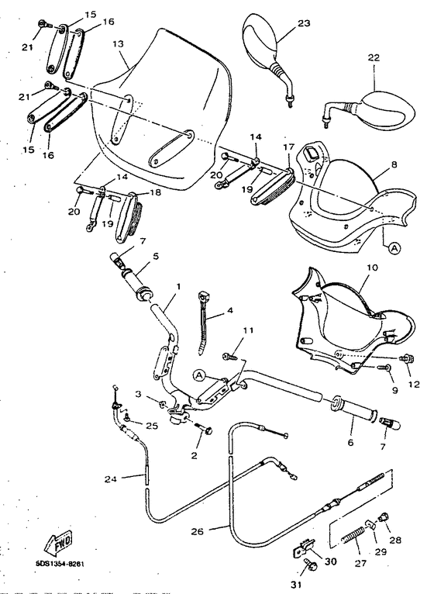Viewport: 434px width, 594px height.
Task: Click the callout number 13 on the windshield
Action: click(118, 45)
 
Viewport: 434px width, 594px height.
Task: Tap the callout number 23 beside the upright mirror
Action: click(303, 23)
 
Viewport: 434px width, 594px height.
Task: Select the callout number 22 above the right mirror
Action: click(374, 58)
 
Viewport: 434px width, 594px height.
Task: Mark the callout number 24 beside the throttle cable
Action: click(112, 478)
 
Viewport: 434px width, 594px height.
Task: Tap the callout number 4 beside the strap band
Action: click(230, 313)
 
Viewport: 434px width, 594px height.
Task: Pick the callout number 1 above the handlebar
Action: click(177, 286)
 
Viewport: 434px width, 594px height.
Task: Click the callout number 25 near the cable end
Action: click(152, 427)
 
